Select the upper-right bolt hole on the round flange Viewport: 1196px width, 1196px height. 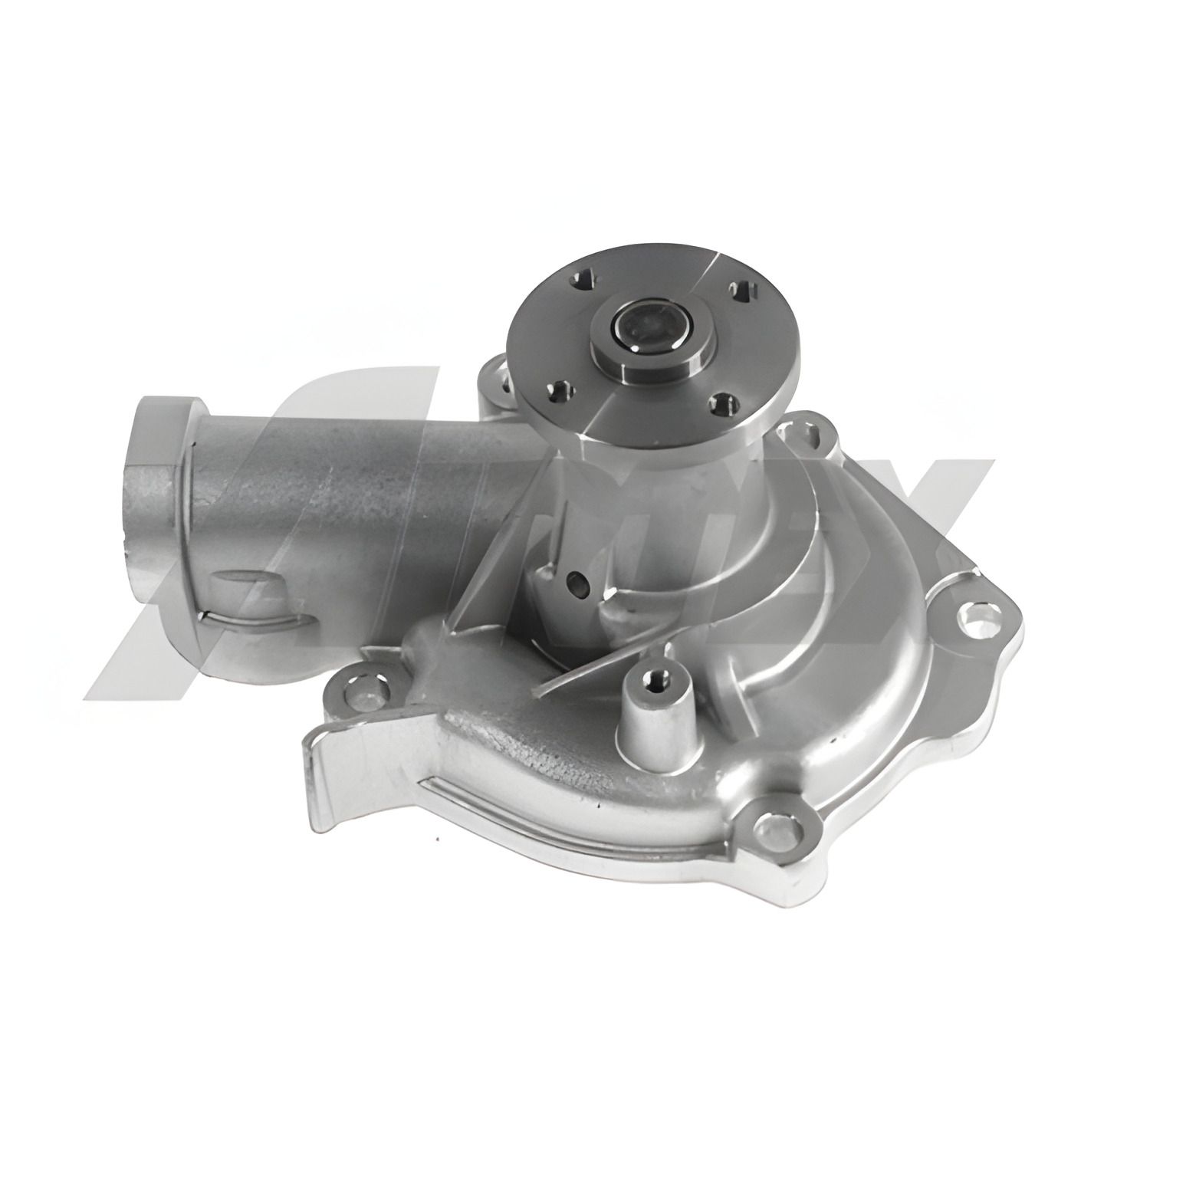click(742, 291)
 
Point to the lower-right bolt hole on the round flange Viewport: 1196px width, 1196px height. click(722, 403)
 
